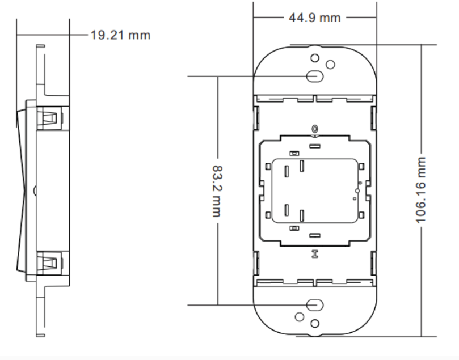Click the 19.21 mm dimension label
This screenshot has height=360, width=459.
point(120,35)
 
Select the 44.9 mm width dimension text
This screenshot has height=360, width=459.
point(315,18)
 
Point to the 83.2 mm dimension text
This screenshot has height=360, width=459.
point(217,191)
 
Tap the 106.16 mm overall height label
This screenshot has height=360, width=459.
point(420,190)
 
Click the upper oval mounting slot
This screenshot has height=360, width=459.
point(315,76)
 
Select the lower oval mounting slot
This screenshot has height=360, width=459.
point(315,305)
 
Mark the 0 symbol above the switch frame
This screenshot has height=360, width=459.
point(315,129)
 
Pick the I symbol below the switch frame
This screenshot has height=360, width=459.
point(315,254)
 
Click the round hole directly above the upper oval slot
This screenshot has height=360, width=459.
point(315,58)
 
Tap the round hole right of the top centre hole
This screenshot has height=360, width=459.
point(330,65)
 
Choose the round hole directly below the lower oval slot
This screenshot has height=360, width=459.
point(315,324)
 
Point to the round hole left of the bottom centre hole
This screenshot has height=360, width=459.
point(299,317)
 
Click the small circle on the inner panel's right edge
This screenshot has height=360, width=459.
point(357,191)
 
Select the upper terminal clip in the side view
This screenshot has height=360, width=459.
point(49,117)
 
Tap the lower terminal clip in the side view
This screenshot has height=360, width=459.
point(49,262)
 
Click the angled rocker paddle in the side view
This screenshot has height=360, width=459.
point(22,190)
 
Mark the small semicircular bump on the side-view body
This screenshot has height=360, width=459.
point(35,190)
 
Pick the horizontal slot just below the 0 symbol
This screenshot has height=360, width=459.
point(315,146)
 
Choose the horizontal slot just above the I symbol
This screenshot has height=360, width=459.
point(315,235)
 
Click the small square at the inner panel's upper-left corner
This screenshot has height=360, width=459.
point(268,167)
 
